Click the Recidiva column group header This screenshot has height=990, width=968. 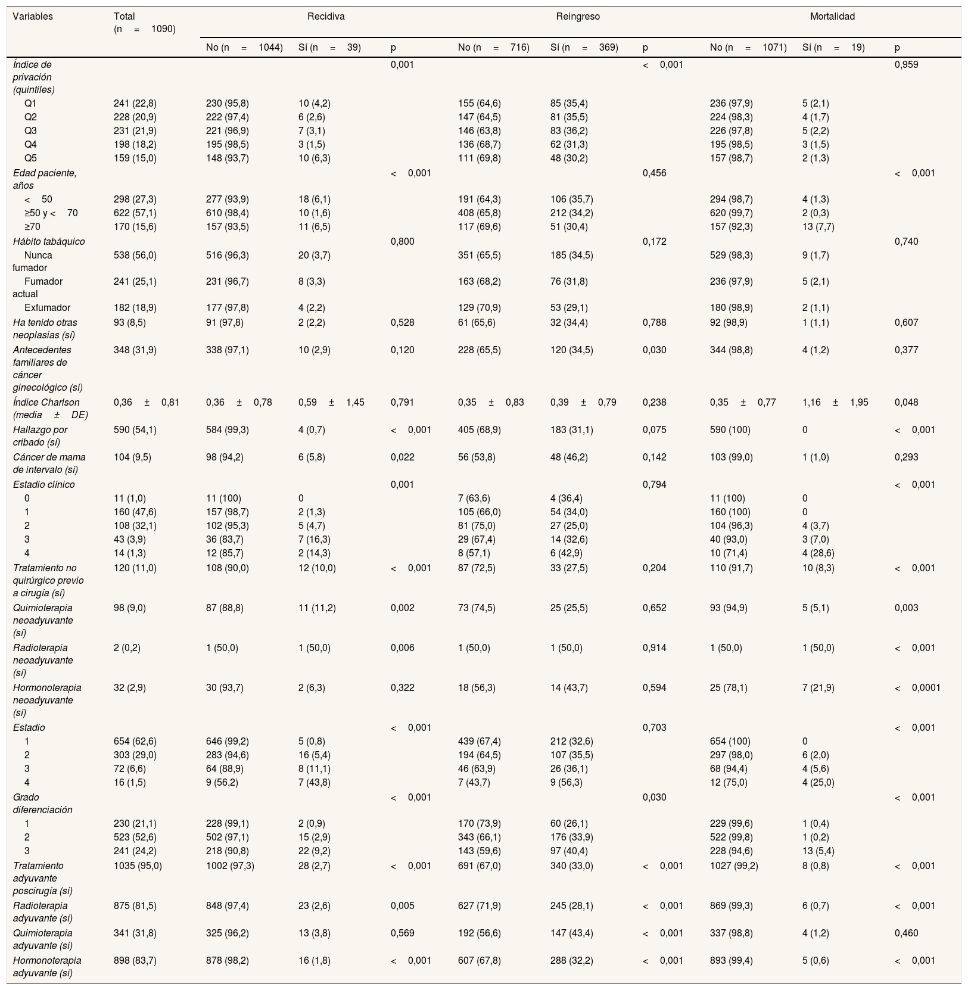point(326,17)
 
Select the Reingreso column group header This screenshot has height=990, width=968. point(578,17)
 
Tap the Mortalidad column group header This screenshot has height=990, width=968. point(832,17)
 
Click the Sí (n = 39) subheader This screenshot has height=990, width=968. point(329,47)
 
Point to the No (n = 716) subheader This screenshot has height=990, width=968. point(493,47)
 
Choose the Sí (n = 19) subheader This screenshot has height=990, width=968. point(833,47)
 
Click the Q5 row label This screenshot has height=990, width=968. point(30,158)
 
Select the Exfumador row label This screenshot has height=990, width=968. point(47,308)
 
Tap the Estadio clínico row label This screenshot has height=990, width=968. point(44,484)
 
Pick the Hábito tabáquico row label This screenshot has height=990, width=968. point(49,241)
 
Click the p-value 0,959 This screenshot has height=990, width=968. point(906,64)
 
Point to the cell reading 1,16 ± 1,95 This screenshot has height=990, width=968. point(835,402)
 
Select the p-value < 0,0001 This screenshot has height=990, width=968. point(917,687)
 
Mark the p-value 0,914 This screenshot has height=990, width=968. point(655,647)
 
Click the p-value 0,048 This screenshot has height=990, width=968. point(906,402)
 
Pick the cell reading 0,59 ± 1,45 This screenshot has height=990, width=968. point(331,402)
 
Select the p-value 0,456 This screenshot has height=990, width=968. point(655,173)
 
